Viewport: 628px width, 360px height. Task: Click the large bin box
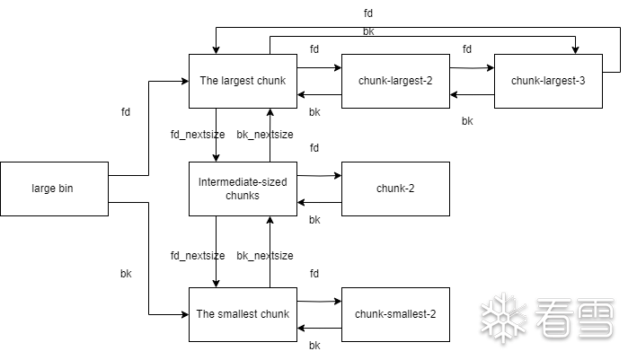(54, 189)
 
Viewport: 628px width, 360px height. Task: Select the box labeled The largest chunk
(243, 81)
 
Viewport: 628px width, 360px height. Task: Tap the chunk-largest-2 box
(395, 81)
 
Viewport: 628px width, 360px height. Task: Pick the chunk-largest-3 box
(548, 81)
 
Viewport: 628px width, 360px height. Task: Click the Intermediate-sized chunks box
(243, 189)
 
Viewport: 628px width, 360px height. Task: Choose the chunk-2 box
(395, 189)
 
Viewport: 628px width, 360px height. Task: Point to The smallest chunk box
(243, 314)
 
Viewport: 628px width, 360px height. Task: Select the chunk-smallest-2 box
(395, 314)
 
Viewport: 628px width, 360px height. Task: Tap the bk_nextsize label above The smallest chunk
(264, 256)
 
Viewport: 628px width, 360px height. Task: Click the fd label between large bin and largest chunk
(125, 113)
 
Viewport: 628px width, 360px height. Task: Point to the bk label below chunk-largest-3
(467, 121)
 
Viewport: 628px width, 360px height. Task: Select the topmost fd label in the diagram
(368, 13)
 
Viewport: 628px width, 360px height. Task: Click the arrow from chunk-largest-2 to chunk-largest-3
(472, 67)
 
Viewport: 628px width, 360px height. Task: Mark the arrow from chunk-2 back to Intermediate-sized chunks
(319, 203)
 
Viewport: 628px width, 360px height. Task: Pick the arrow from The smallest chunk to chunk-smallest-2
(319, 301)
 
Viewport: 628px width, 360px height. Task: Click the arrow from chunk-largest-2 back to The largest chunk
(319, 94)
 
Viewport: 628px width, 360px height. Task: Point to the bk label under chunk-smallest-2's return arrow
(314, 346)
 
